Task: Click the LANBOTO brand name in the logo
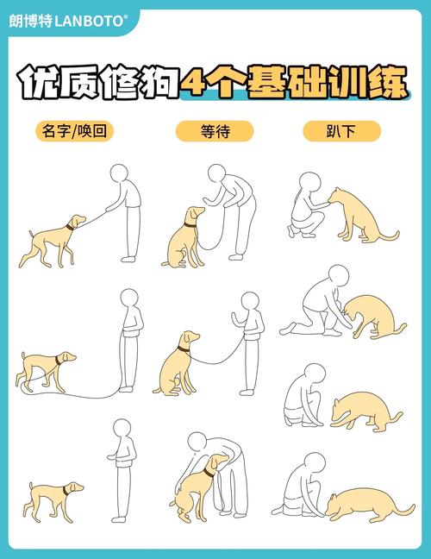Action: coord(91,19)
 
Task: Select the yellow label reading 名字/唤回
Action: coord(76,131)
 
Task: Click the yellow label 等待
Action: coord(214,131)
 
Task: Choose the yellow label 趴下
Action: coord(341,131)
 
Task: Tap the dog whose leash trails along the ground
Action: coord(46,367)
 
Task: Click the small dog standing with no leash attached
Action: coord(53,498)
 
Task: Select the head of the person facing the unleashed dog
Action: coord(122,429)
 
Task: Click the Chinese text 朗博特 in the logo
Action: coord(29,19)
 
